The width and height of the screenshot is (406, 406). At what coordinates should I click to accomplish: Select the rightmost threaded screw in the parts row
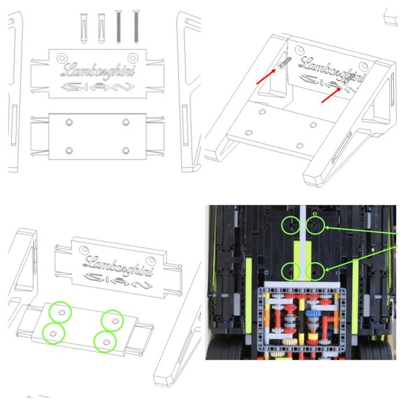(x=137, y=26)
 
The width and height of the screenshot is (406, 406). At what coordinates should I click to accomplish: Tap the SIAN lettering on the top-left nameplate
(x=96, y=88)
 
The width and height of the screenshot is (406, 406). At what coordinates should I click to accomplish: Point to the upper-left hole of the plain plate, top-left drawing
(x=69, y=122)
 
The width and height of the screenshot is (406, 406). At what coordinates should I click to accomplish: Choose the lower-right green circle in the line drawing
(x=106, y=341)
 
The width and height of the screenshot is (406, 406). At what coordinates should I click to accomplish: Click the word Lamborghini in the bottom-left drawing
(x=118, y=266)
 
